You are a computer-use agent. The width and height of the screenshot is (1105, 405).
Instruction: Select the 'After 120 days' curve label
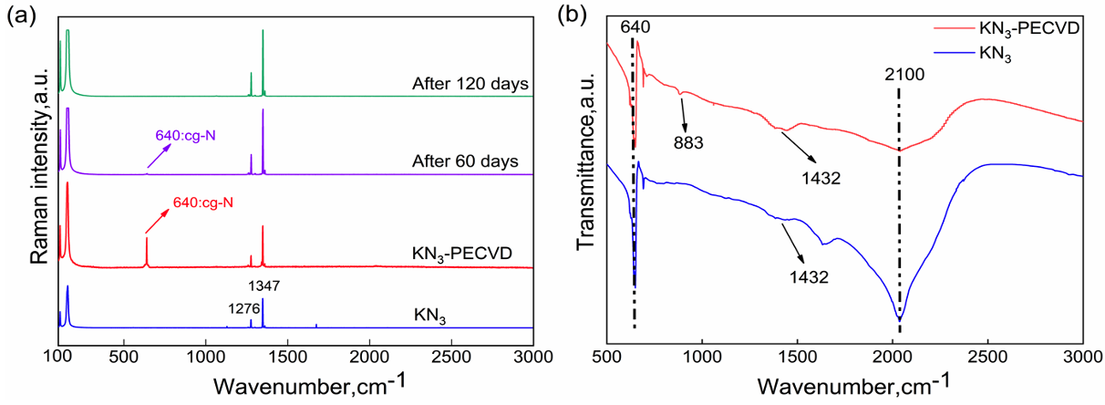[x=470, y=85]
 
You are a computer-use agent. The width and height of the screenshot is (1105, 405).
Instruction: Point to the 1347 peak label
[x=263, y=286]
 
